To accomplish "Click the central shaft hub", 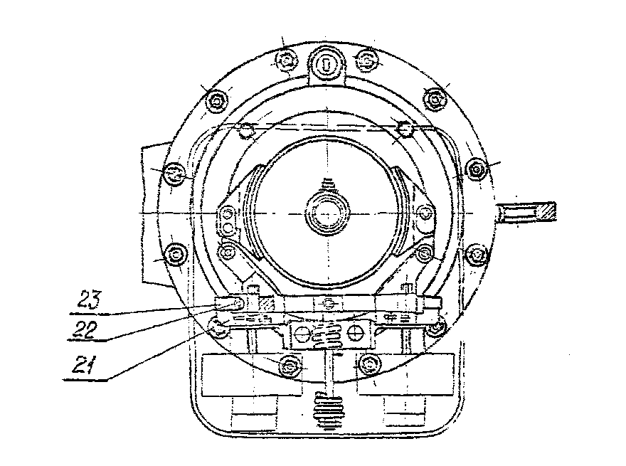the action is [326, 212].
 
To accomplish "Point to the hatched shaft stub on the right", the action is [531, 213].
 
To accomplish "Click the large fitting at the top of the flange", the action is [325, 64].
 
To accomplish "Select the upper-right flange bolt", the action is [435, 99].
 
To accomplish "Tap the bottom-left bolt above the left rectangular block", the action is [288, 366].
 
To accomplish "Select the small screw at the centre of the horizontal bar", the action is [328, 304].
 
